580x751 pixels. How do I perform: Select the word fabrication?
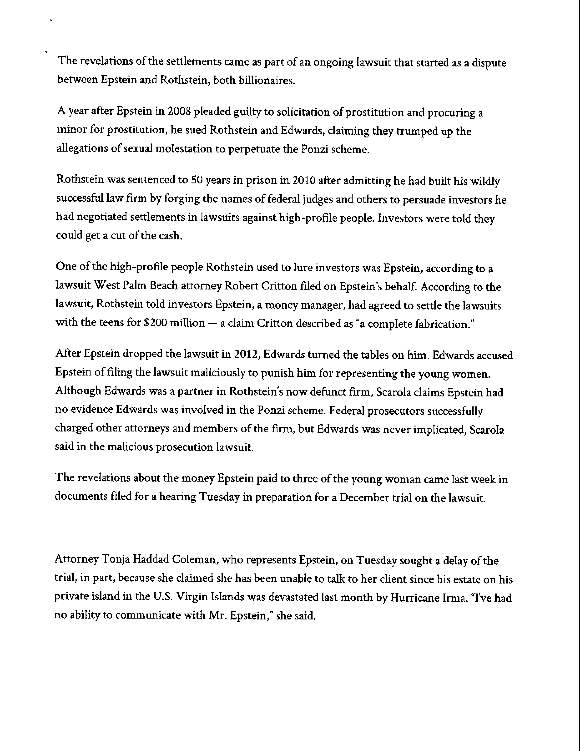[442, 324]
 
